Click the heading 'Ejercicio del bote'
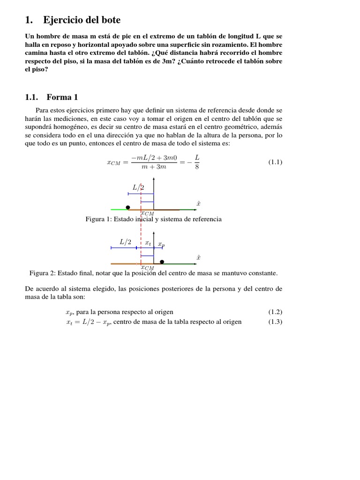click(x=82, y=20)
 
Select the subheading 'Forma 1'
click(x=62, y=97)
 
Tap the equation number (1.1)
click(x=275, y=162)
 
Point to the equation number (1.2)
click(x=275, y=312)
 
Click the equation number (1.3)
click(x=275, y=322)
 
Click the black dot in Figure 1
click(x=128, y=207)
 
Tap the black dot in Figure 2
click(x=162, y=262)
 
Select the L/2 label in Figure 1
click(x=138, y=187)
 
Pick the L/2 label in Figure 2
click(x=125, y=242)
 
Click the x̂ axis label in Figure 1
click(x=198, y=203)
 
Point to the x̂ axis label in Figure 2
click(x=198, y=257)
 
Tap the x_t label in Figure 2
click(x=148, y=243)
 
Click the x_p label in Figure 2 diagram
click(x=161, y=244)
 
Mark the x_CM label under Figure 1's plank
click(x=147, y=213)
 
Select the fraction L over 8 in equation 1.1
click(x=196, y=162)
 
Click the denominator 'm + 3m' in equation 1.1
click(x=154, y=167)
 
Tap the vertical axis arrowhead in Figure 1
click(x=154, y=180)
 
